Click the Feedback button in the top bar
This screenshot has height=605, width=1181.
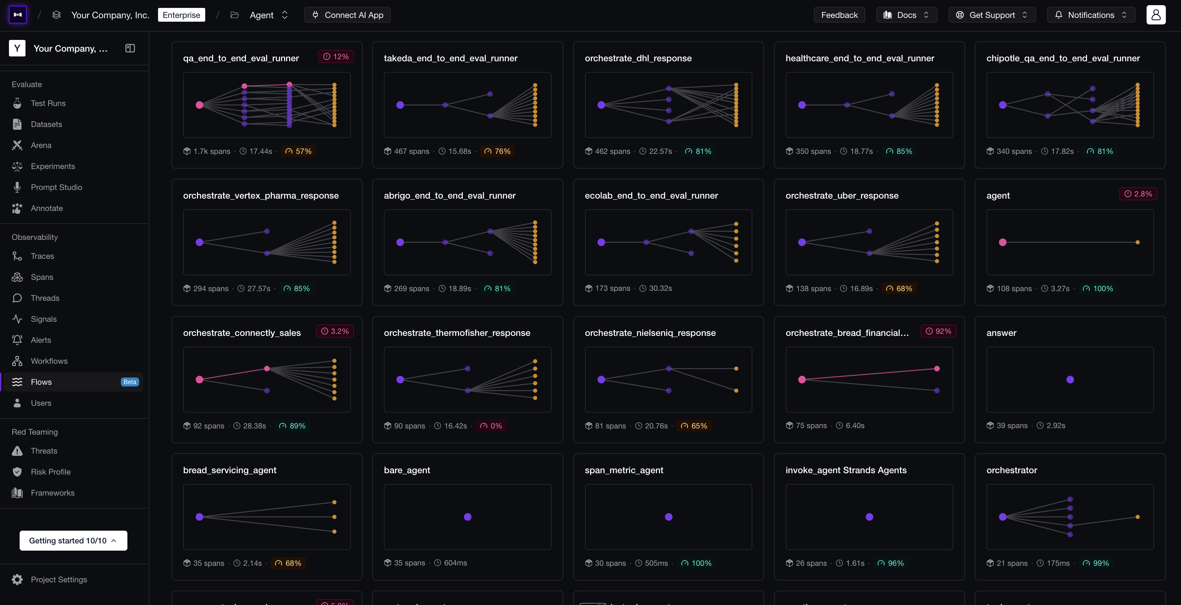point(839,15)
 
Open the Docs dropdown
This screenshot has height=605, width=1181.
point(906,15)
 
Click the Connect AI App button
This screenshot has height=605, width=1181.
point(347,15)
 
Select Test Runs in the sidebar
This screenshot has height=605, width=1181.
point(48,104)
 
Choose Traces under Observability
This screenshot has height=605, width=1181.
point(42,256)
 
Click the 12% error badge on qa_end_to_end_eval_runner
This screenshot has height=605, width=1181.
point(336,57)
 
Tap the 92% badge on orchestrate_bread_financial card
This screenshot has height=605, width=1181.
point(939,331)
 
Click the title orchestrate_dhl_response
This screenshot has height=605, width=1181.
point(638,58)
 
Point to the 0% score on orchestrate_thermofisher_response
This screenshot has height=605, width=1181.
point(491,426)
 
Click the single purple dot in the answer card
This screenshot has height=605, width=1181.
point(1070,380)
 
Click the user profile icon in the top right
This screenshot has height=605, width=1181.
point(1156,15)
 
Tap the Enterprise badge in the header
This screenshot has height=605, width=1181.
point(181,15)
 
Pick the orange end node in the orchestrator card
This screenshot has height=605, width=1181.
point(1138,517)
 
